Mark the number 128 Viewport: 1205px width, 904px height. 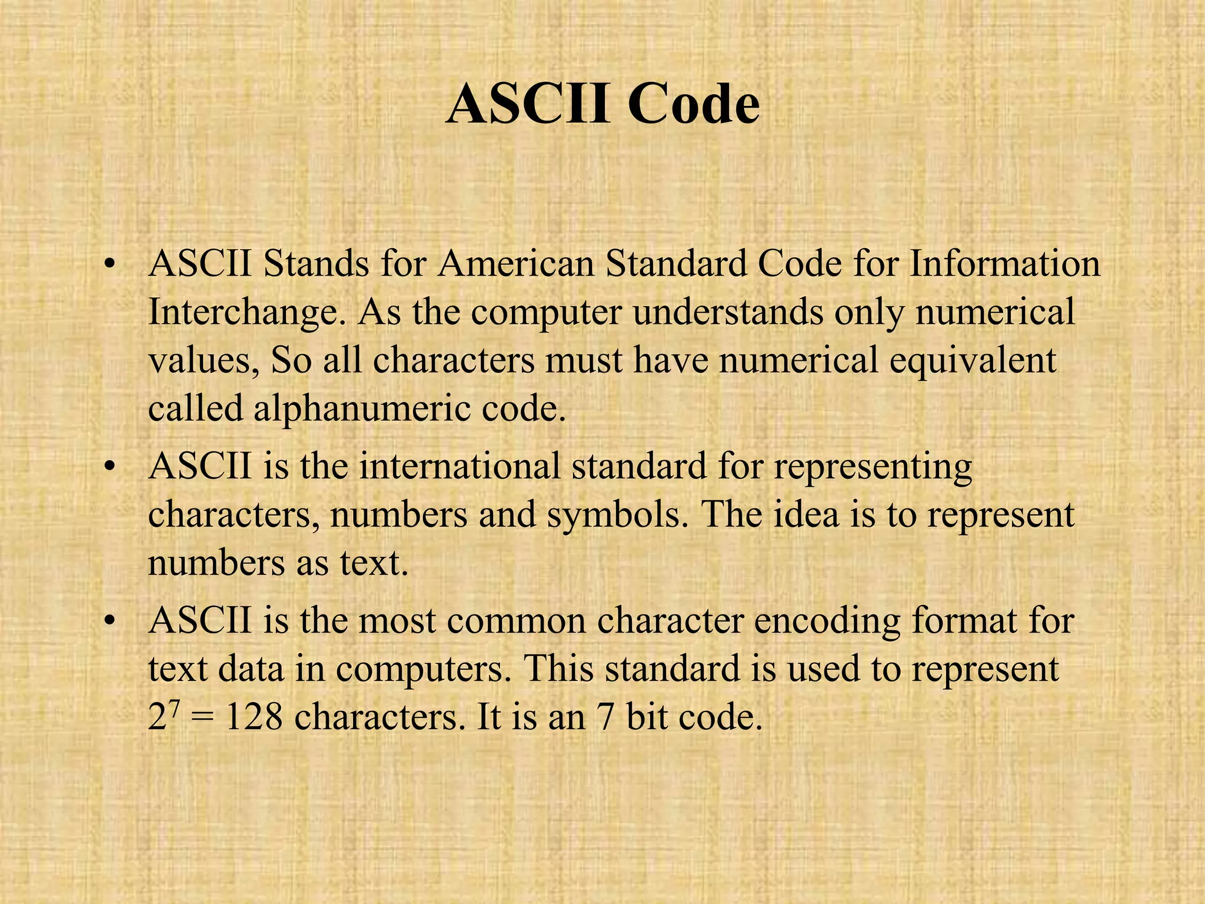(x=254, y=717)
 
